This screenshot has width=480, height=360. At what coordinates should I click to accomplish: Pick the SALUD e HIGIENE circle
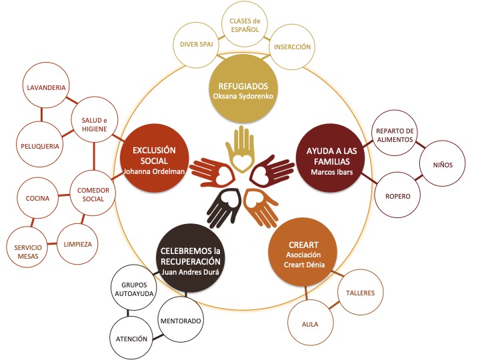(x=95, y=123)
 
